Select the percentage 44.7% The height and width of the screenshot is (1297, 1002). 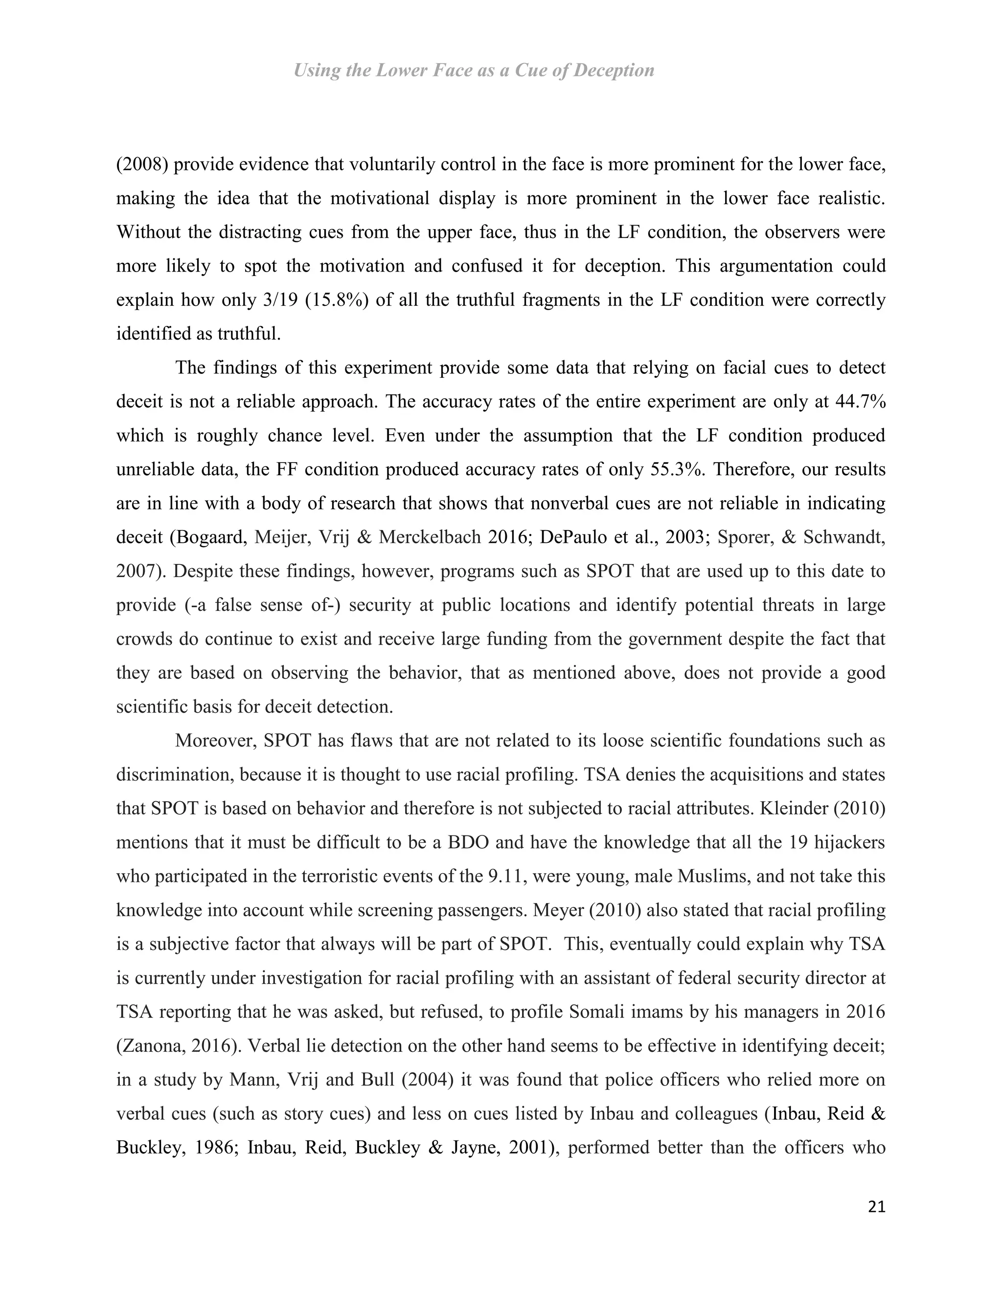click(860, 401)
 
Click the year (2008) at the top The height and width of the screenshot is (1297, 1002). click(142, 164)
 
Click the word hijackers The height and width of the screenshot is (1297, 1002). click(849, 842)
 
